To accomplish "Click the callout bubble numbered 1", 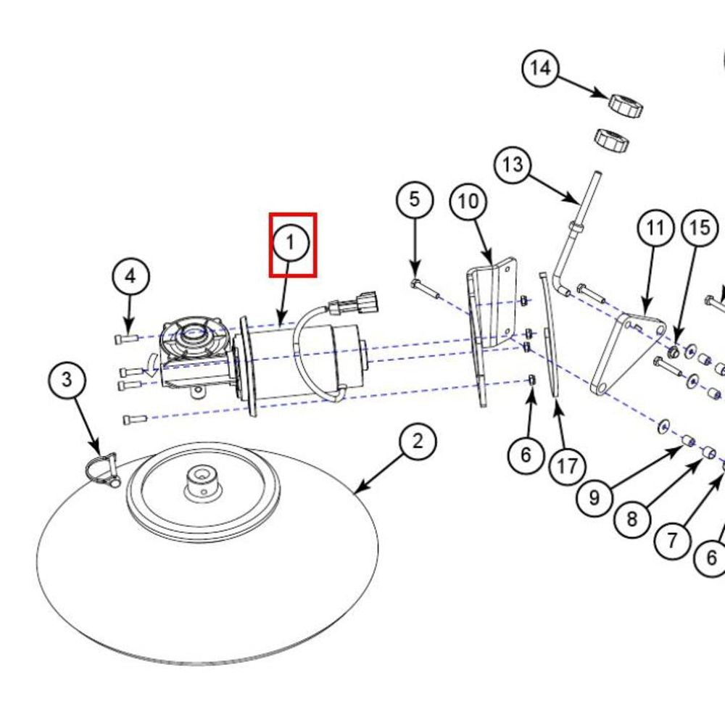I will pyautogui.click(x=291, y=243).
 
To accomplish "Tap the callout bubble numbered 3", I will pyautogui.click(x=67, y=379).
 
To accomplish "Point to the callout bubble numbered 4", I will pyautogui.click(x=130, y=276).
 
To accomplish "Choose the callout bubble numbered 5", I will pyautogui.click(x=414, y=199).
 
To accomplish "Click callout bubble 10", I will pyautogui.click(x=469, y=202).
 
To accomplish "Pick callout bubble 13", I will pyautogui.click(x=513, y=165).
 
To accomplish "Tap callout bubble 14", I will pyautogui.click(x=541, y=69).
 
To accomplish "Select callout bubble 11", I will pyautogui.click(x=655, y=229).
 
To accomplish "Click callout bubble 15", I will pyautogui.click(x=700, y=229).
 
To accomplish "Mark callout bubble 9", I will pyautogui.click(x=595, y=498).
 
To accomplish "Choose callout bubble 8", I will pyautogui.click(x=632, y=519).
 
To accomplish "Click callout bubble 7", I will pyautogui.click(x=672, y=540).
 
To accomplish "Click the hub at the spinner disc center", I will pyautogui.click(x=201, y=478).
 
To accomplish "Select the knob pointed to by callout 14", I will pyautogui.click(x=625, y=104).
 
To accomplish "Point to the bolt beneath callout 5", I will pyautogui.click(x=425, y=288).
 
